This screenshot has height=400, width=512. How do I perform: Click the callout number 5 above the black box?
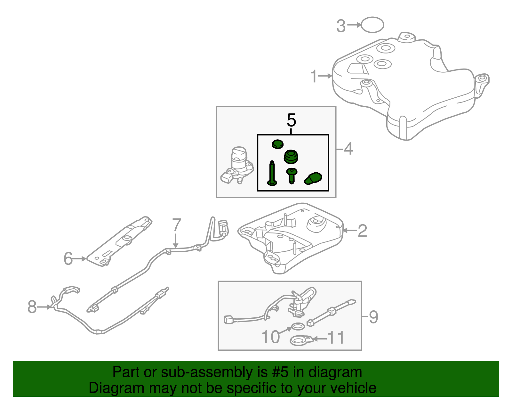coord(291,120)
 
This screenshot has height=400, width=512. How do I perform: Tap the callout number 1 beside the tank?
coord(314,76)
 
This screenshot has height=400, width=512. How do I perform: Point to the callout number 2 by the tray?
coord(362,231)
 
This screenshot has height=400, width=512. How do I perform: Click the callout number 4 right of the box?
coord(348,149)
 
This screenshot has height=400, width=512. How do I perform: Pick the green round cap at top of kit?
coord(277,144)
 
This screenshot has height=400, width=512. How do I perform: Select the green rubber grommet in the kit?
coord(291,156)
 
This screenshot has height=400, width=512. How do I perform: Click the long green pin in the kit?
coord(272,173)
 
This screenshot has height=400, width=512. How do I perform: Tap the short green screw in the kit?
coord(292,176)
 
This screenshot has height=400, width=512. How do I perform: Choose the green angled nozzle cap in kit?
coord(313,178)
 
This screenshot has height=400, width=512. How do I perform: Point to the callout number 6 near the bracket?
coord(68,259)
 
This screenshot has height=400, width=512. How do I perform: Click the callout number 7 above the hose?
coord(176,225)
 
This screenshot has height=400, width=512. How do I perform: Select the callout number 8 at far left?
coord(32,307)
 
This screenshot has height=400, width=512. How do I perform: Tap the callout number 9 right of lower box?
coord(373,317)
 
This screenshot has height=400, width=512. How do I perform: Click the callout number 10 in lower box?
coord(270,337)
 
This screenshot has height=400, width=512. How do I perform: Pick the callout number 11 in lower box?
coord(336,338)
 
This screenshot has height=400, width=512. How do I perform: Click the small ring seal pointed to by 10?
coord(298,327)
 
